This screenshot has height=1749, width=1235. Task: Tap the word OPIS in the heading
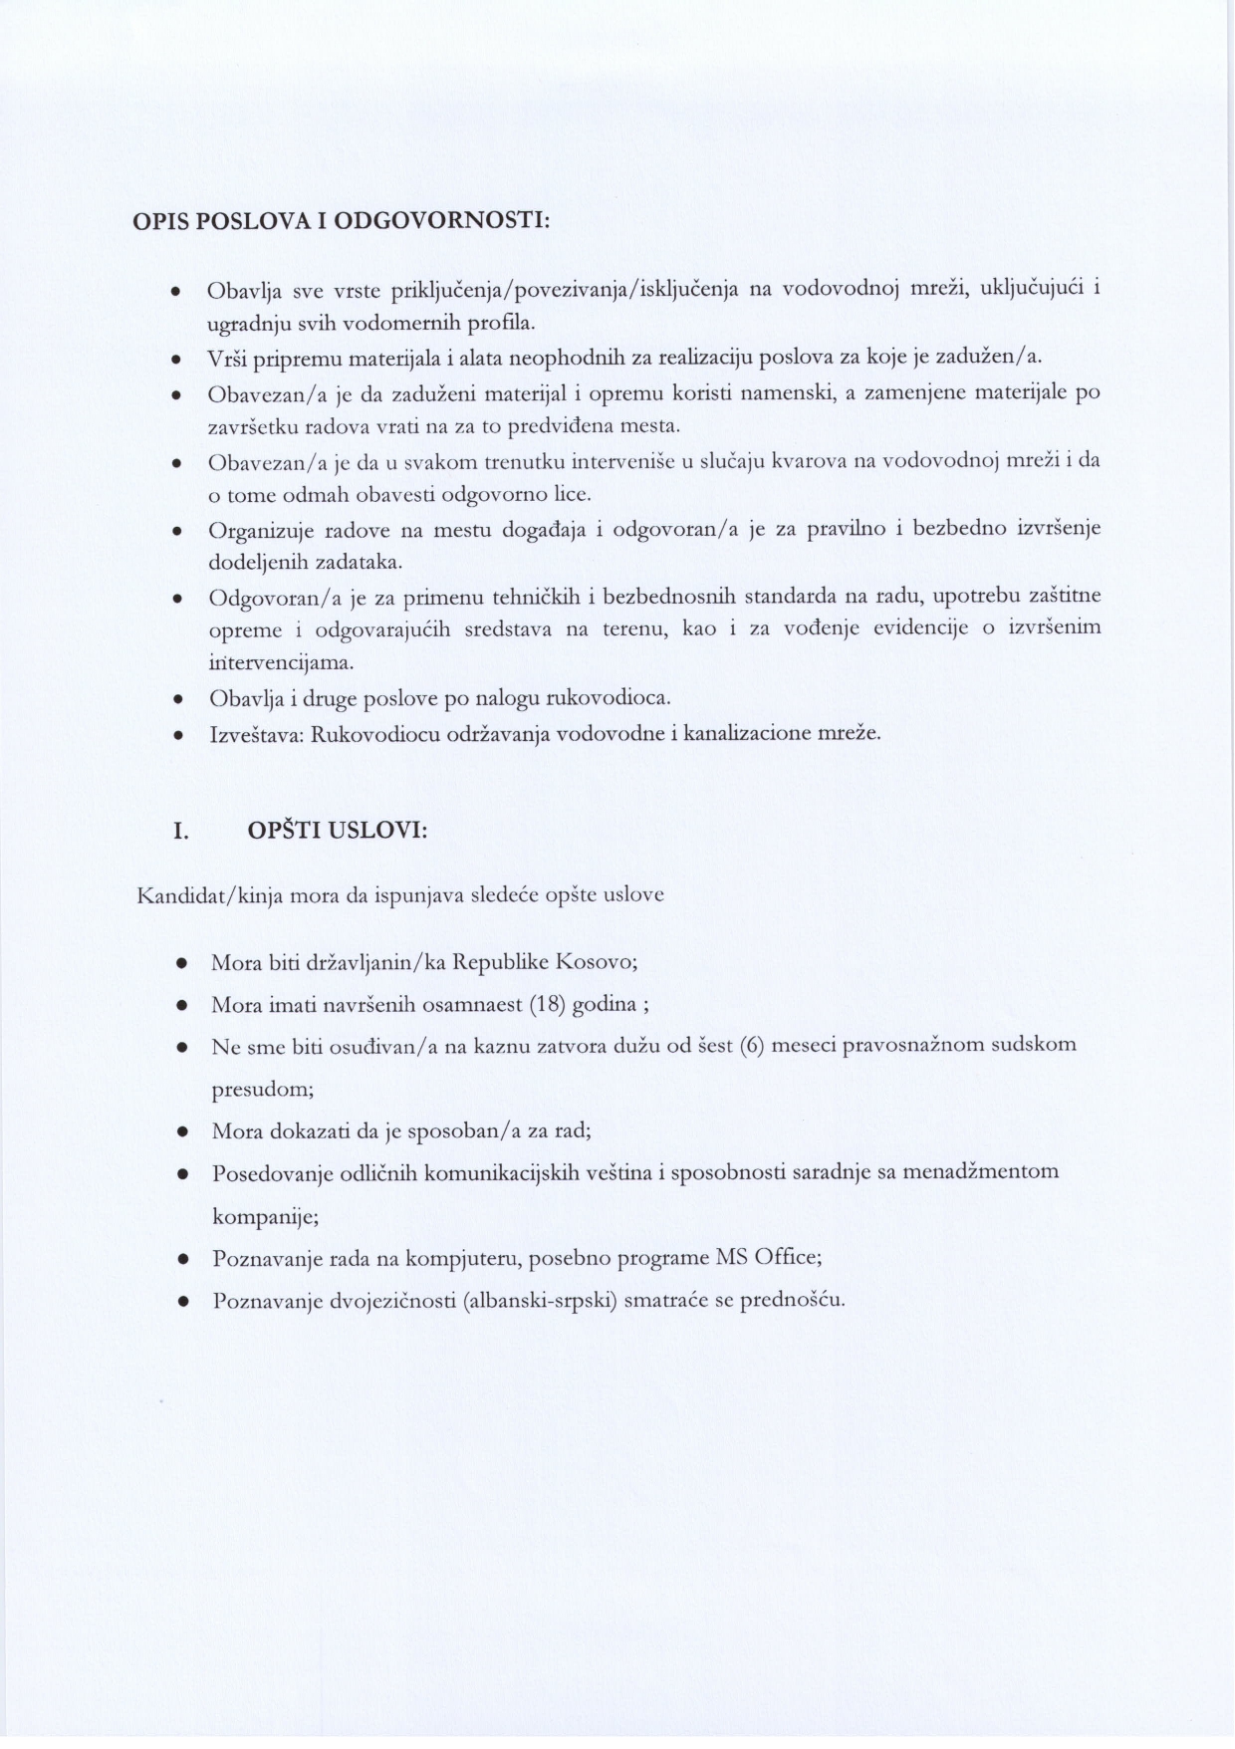[161, 220]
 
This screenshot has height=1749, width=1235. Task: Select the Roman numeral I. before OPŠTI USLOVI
[180, 831]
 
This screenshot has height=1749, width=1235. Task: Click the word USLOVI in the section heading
[377, 831]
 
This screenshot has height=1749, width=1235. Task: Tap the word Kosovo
[595, 963]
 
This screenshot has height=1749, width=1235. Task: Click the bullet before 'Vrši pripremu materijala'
[175, 358]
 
